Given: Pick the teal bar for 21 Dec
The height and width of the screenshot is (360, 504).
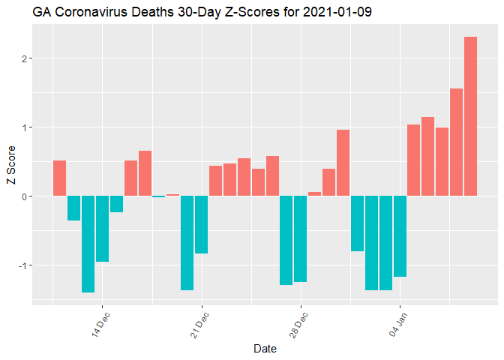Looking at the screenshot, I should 201,224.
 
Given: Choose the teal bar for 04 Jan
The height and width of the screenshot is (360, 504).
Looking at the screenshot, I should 399,236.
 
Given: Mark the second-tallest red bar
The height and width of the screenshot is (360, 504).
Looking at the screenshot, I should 456,142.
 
